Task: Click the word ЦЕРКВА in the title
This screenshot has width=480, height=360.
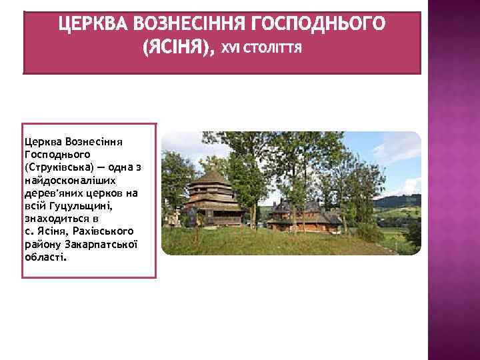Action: [93, 25]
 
